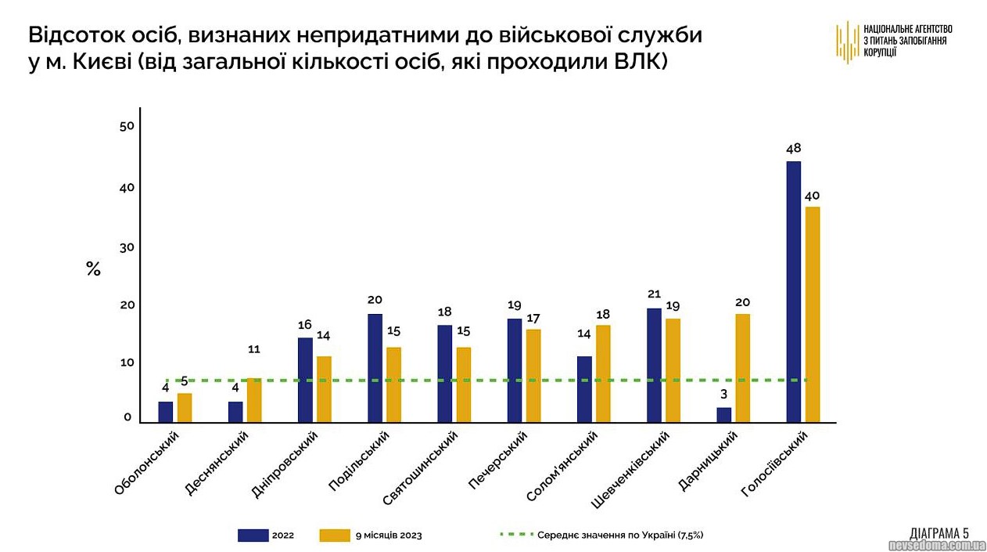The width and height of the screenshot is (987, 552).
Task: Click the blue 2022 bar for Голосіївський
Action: click(793, 291)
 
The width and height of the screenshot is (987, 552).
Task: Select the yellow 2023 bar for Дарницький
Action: click(742, 368)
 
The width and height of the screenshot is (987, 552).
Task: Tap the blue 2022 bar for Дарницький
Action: click(724, 415)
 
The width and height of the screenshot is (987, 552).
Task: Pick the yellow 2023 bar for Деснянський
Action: click(254, 400)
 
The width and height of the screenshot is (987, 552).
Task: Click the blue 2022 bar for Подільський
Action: click(375, 368)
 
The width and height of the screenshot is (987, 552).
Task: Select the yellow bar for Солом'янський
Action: click(603, 373)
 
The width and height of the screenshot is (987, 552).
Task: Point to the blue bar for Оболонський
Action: click(166, 412)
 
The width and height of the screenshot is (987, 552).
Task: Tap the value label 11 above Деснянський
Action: click(253, 349)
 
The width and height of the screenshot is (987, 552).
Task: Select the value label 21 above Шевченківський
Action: click(655, 294)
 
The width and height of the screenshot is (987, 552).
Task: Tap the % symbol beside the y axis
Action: click(93, 269)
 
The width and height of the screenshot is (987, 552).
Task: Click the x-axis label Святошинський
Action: click(421, 469)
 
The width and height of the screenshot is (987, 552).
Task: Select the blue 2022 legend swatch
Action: click(253, 536)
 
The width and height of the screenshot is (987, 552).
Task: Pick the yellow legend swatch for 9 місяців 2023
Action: click(335, 536)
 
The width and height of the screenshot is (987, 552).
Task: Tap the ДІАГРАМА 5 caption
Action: click(939, 531)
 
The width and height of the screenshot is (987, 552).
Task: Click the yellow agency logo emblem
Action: click(847, 41)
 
